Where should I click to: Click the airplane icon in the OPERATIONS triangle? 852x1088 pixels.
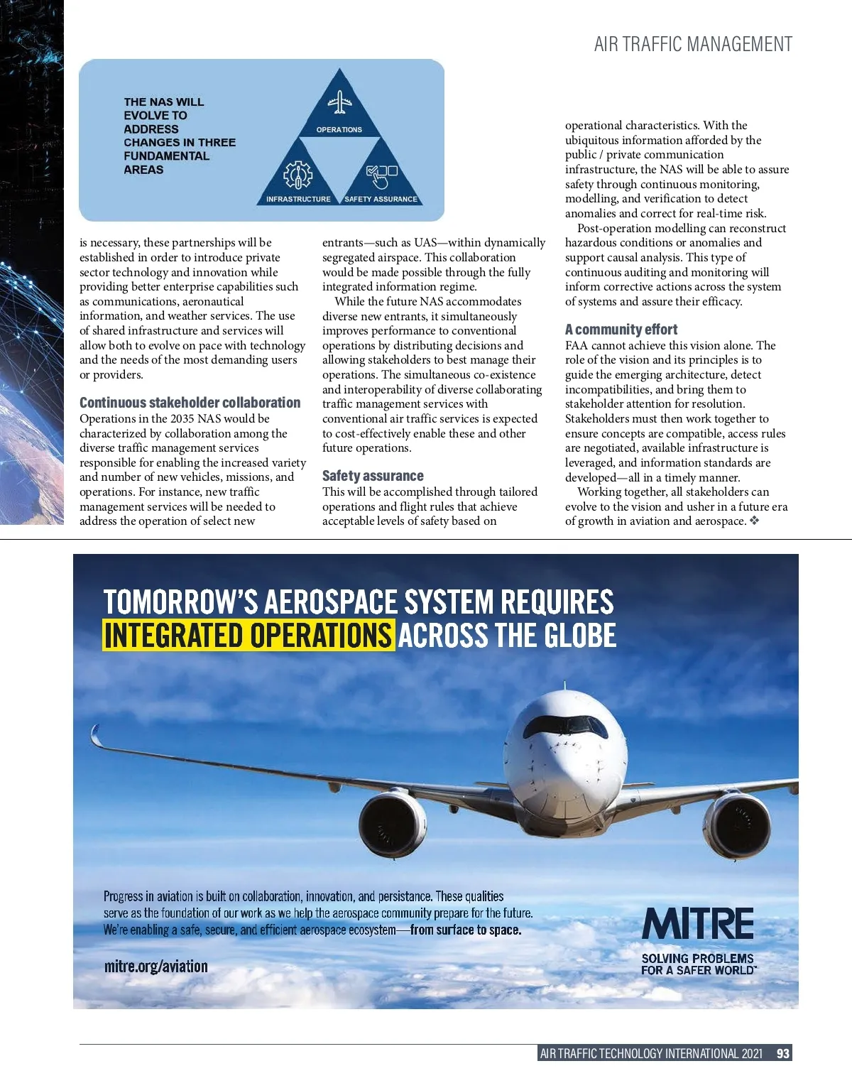[340, 102]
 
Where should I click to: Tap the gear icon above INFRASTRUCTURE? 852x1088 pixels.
[297, 175]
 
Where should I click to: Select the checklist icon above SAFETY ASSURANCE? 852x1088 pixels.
[381, 175]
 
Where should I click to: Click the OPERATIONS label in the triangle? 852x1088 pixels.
[339, 130]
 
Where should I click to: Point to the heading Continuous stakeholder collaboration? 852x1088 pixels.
[190, 403]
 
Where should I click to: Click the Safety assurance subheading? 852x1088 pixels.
[373, 476]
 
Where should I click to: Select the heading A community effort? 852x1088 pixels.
[621, 330]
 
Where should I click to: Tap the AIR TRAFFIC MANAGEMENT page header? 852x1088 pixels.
[693, 45]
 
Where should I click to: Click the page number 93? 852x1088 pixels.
[783, 1053]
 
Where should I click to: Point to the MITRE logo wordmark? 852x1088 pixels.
[698, 924]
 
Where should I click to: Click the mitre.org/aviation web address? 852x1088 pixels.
[156, 966]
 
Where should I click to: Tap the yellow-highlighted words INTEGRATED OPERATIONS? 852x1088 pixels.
[248, 635]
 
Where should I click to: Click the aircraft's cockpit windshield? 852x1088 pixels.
[565, 724]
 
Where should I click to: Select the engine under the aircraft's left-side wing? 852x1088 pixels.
[392, 824]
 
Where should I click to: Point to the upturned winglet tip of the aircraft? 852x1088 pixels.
[95, 734]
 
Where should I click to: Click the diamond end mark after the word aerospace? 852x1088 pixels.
[754, 521]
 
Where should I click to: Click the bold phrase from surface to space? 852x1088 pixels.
[466, 930]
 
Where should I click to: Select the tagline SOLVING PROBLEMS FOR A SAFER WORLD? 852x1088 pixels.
[698, 964]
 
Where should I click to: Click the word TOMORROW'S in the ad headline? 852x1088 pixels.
[180, 602]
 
